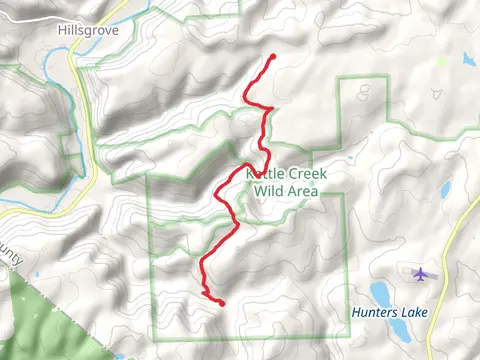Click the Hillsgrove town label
87,30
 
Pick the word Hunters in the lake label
372,312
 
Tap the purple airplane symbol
421,272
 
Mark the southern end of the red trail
221,303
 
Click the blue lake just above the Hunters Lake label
381,292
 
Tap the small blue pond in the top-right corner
466,59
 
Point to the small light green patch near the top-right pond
442,61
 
